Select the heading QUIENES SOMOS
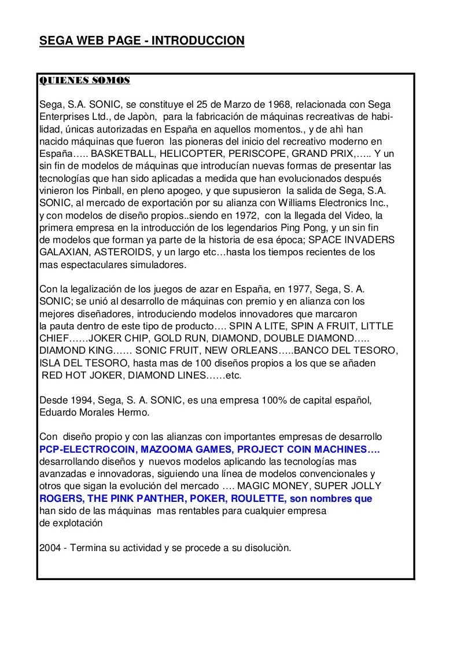tap(84, 80)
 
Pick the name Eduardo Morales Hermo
tap(94, 413)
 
